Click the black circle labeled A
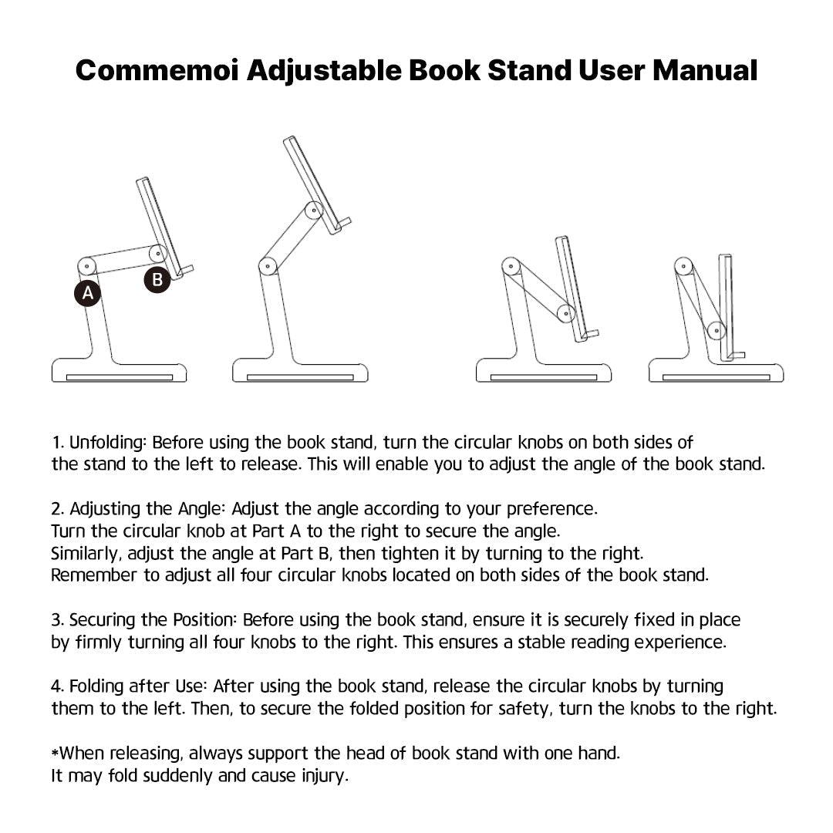pyautogui.click(x=88, y=294)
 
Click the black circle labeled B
pyautogui.click(x=157, y=280)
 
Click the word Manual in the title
pyautogui.click(x=705, y=70)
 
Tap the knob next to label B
pyautogui.click(x=158, y=252)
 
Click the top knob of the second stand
pyautogui.click(x=312, y=211)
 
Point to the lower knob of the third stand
pyautogui.click(x=566, y=314)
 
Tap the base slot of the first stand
pyautogui.click(x=120, y=377)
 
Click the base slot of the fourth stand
pyautogui.click(x=717, y=377)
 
